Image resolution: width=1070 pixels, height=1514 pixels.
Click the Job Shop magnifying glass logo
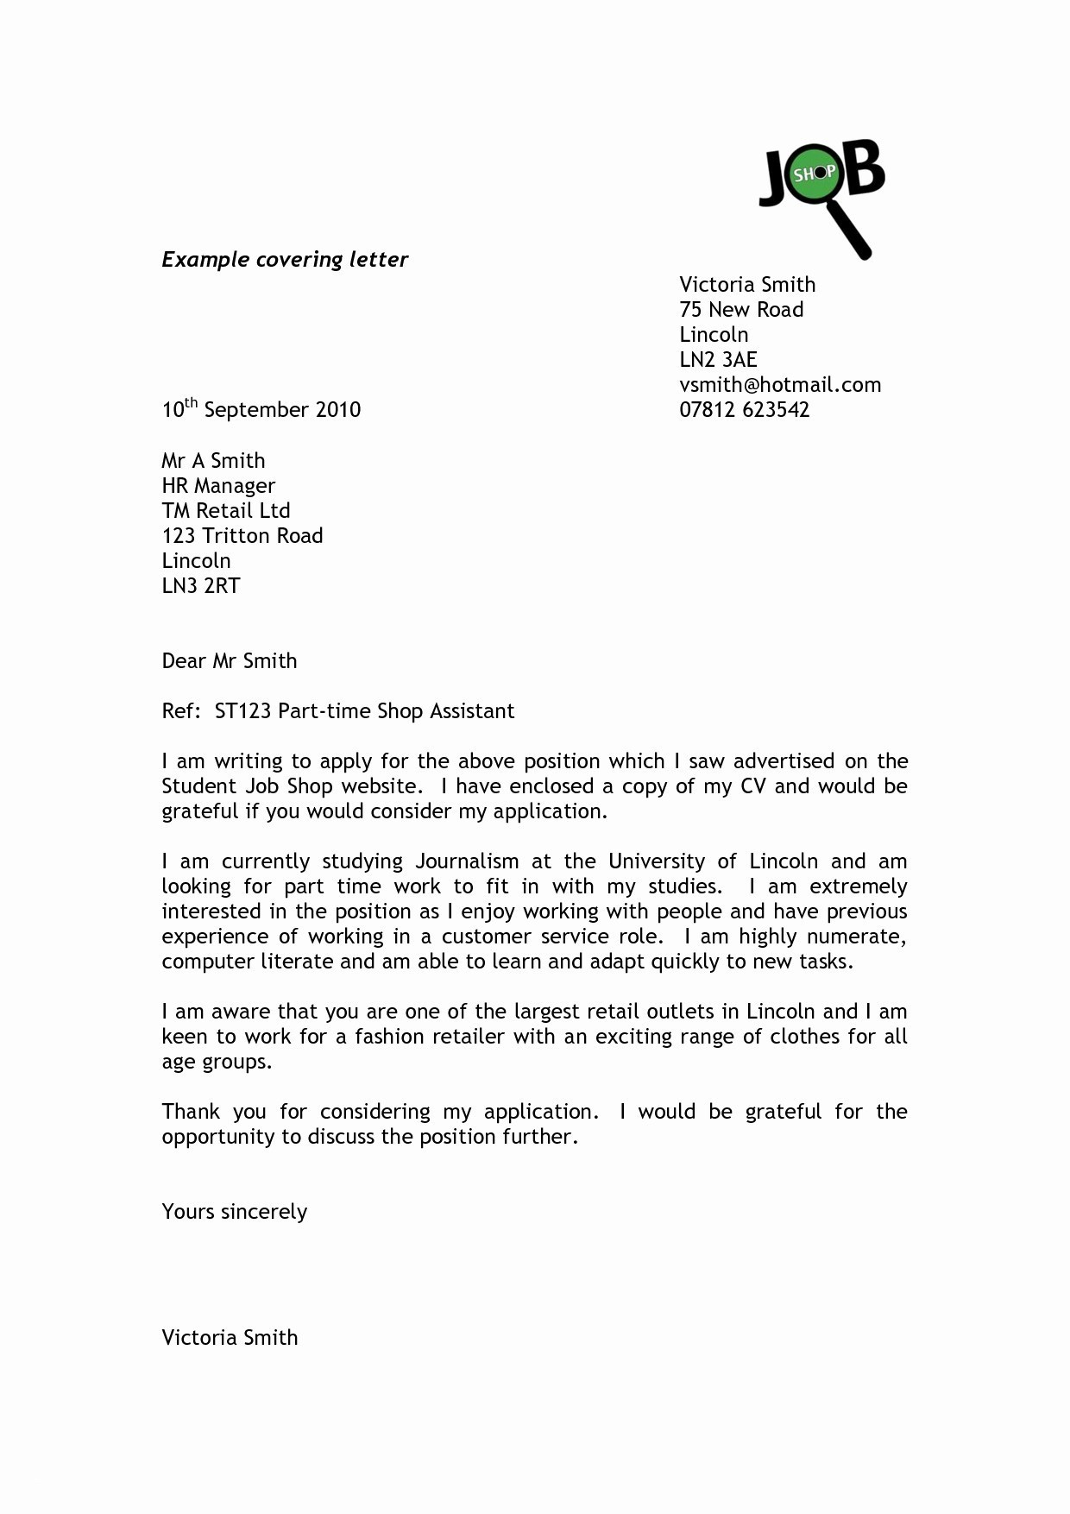821,194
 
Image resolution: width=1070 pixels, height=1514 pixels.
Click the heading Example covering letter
285,260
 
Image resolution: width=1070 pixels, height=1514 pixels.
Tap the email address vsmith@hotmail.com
780,385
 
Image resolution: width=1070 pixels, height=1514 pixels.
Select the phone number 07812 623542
744,410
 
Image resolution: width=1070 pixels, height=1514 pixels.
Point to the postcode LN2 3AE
718,360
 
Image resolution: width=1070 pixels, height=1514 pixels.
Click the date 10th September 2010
261,409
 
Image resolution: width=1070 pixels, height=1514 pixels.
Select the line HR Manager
218,486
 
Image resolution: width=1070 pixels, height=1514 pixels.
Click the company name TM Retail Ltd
226,511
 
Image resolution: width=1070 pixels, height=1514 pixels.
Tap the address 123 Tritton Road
242,536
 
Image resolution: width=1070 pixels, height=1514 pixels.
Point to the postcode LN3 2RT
201,586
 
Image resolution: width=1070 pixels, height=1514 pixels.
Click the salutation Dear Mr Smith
230,661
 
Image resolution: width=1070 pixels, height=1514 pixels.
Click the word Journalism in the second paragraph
467,861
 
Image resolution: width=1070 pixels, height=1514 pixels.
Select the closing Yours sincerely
235,1212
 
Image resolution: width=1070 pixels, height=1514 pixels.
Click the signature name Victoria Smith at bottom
230,1338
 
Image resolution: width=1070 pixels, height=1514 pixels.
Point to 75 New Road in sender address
741,310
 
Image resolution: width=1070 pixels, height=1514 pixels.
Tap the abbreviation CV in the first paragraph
752,786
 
